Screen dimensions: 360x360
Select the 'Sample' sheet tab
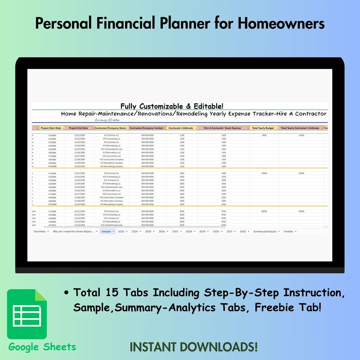click(106, 231)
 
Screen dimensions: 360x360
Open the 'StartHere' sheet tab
click(40, 231)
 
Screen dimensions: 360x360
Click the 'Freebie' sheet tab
click(288, 231)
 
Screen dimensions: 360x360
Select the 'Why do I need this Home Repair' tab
click(73, 231)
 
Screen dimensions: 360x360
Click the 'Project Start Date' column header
click(51, 128)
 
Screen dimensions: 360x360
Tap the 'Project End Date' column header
click(78, 128)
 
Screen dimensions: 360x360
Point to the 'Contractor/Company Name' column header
click(110, 128)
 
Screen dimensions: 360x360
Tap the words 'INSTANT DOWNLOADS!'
click(194, 347)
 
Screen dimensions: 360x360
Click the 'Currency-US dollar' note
click(110, 120)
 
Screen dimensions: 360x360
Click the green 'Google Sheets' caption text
click(42, 347)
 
